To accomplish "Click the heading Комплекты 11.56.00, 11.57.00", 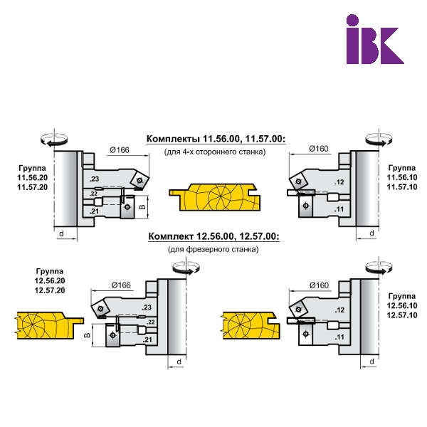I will click(x=216, y=139).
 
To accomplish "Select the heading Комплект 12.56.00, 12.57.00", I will click(x=213, y=237).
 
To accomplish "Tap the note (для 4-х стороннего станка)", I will click(x=214, y=152).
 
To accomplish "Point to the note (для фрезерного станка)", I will click(x=213, y=249).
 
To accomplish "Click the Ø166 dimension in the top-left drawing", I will click(x=119, y=150).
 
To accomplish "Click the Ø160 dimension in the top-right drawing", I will click(x=318, y=149).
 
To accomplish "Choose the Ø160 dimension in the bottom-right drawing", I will click(x=316, y=285).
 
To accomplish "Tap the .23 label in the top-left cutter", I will click(x=95, y=178).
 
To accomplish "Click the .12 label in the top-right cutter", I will click(x=339, y=183).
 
